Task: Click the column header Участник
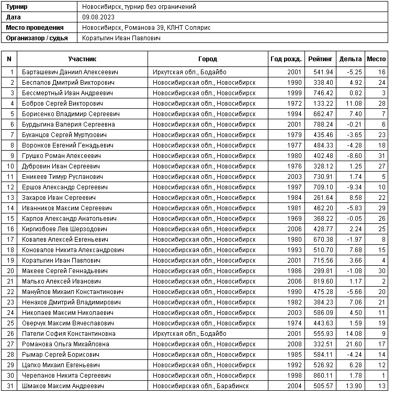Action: point(82,59)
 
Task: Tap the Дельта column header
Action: point(350,59)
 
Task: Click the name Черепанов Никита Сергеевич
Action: point(66,376)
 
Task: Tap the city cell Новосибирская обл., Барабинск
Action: point(200,386)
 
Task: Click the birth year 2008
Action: point(295,344)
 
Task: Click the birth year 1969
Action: point(295,219)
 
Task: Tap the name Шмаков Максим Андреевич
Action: point(63,386)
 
